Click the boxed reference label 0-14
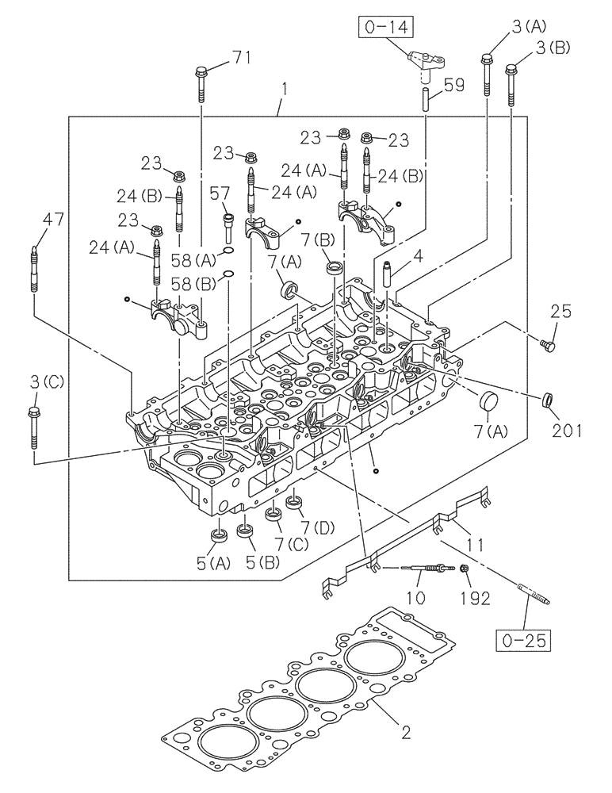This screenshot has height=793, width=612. point(385,31)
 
